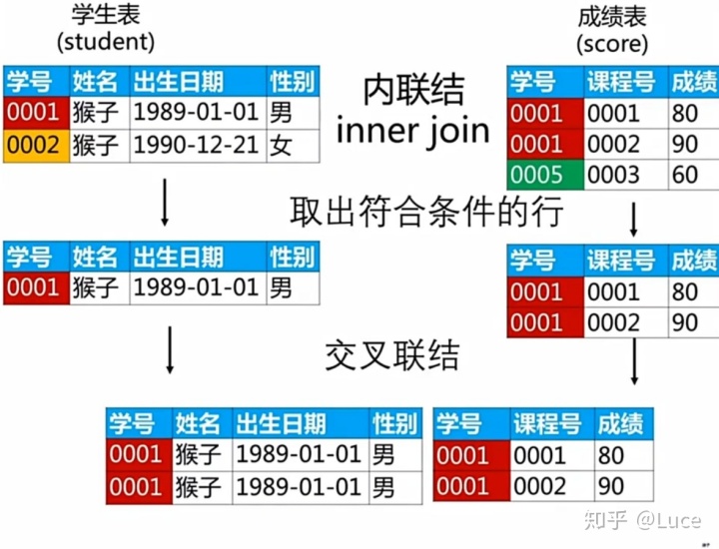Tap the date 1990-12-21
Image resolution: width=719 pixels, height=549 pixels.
[197, 147]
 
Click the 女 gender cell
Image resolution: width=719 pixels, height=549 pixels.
[283, 147]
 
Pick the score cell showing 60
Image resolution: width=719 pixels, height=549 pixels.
[685, 176]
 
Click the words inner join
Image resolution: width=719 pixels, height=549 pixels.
[413, 131]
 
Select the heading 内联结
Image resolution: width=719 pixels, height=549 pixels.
[413, 91]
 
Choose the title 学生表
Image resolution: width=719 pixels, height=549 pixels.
[107, 14]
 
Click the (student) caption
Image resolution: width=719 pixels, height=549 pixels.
[107, 42]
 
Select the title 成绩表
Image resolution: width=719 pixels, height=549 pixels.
[611, 16]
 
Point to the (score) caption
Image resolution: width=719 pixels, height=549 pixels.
[611, 44]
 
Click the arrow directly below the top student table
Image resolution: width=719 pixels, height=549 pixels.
[163, 206]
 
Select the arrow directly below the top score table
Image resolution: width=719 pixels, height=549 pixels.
[634, 219]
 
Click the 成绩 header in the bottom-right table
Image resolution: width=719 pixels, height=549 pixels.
[620, 423]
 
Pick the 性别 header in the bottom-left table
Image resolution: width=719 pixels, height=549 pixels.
[393, 423]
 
